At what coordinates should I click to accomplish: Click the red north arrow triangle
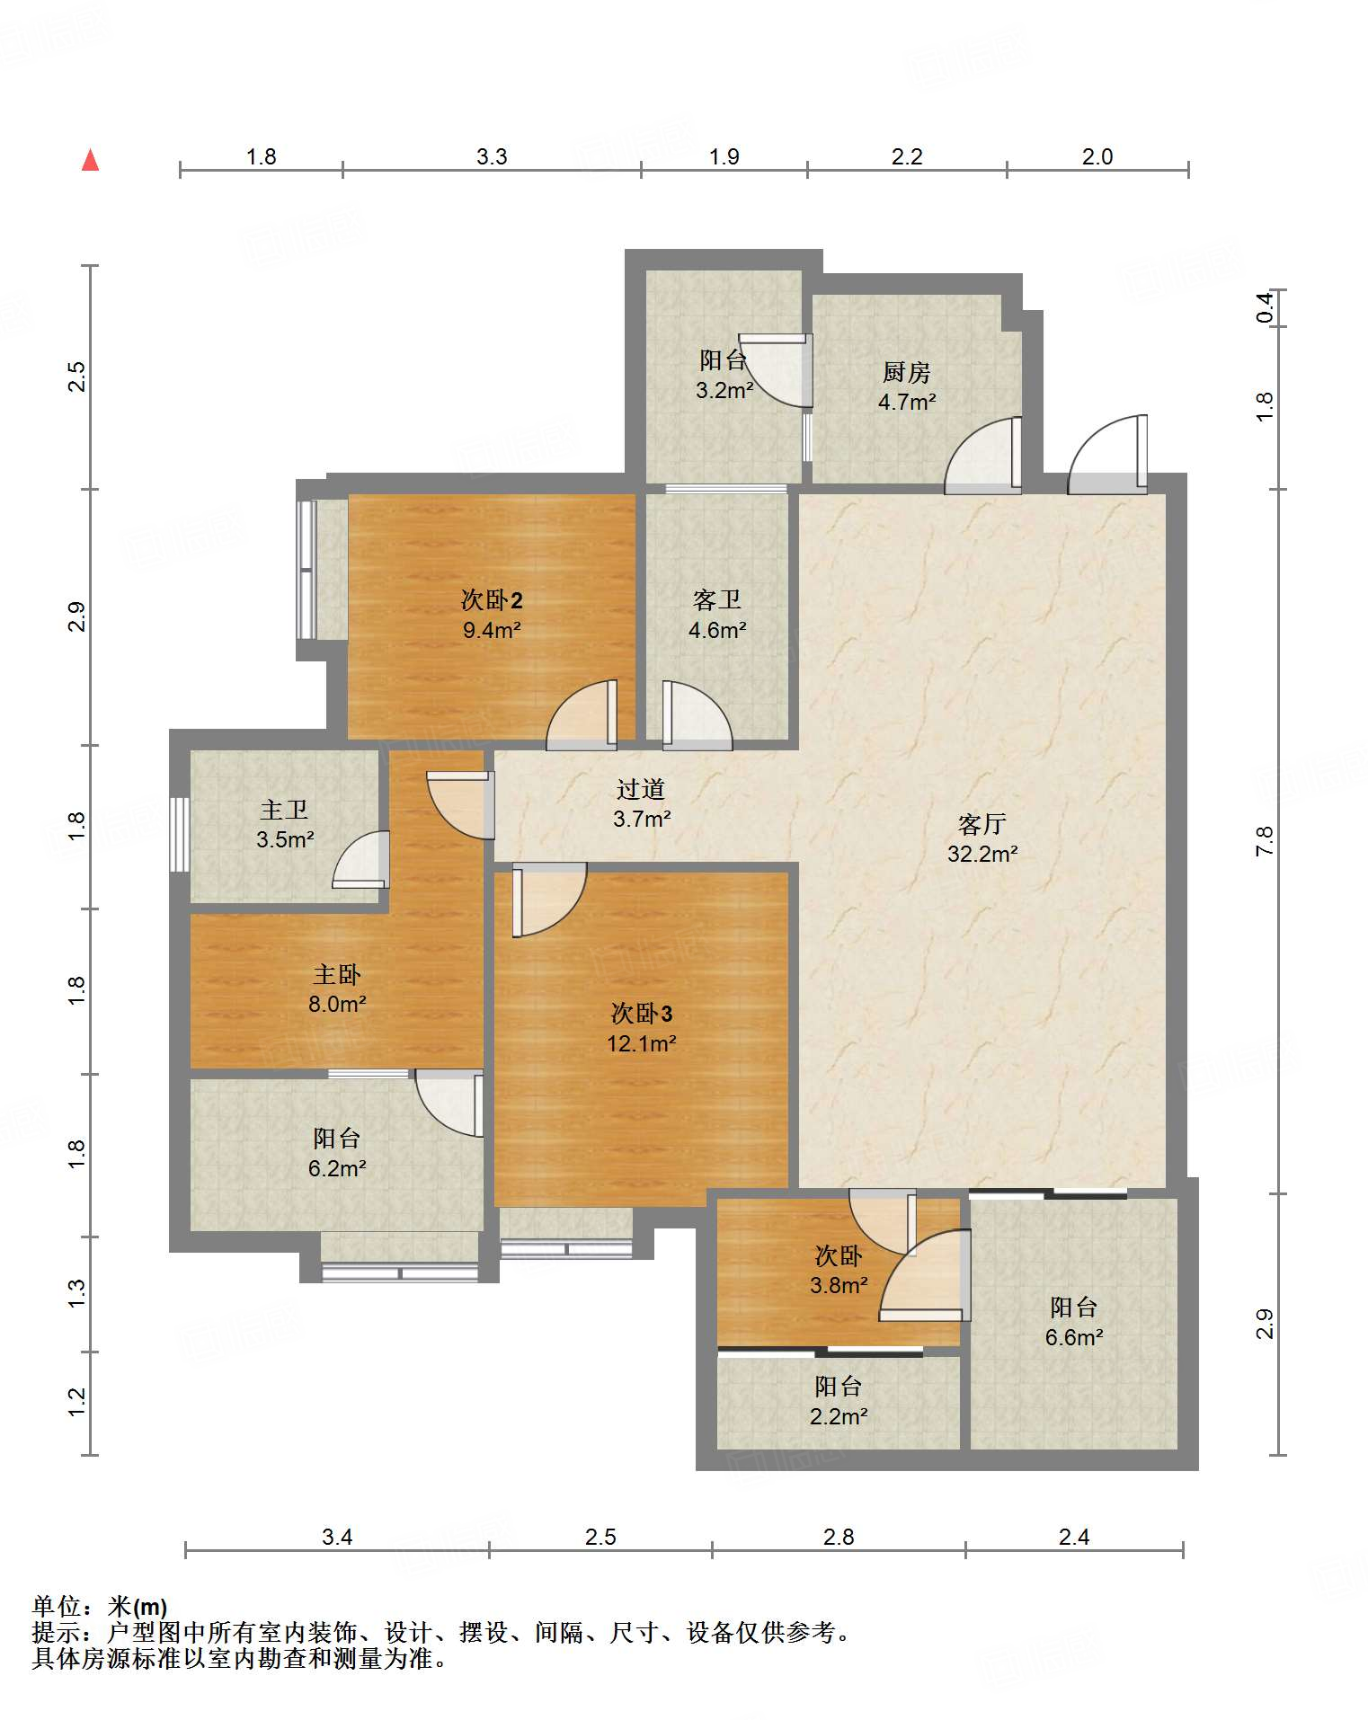pyautogui.click(x=90, y=160)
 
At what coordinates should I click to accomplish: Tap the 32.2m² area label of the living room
pyautogui.click(x=982, y=854)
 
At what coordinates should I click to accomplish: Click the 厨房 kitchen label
pyautogui.click(x=906, y=372)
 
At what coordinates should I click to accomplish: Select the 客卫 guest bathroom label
pyautogui.click(x=717, y=599)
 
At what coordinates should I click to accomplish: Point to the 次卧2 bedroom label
pyautogui.click(x=492, y=599)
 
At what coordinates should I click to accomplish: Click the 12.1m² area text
pyautogui.click(x=641, y=1043)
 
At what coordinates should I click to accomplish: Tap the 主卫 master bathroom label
pyautogui.click(x=284, y=810)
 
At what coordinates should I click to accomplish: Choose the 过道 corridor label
pyautogui.click(x=641, y=789)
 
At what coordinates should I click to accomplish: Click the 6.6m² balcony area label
pyautogui.click(x=1073, y=1337)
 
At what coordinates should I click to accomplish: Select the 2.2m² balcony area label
pyautogui.click(x=839, y=1416)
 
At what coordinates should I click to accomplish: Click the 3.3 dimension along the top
pyautogui.click(x=492, y=156)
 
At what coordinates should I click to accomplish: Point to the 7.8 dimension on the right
pyautogui.click(x=1265, y=840)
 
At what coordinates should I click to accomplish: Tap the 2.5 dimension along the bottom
pyautogui.click(x=600, y=1537)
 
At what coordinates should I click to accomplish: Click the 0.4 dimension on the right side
pyautogui.click(x=1265, y=308)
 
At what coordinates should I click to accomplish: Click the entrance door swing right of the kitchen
pyautogui.click(x=1107, y=455)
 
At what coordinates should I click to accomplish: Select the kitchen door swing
pyautogui.click(x=983, y=456)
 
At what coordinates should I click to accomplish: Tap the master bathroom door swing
pyautogui.click(x=360, y=860)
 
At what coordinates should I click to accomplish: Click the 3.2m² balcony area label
pyautogui.click(x=724, y=391)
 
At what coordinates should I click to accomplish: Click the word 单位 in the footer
pyautogui.click(x=57, y=1606)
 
